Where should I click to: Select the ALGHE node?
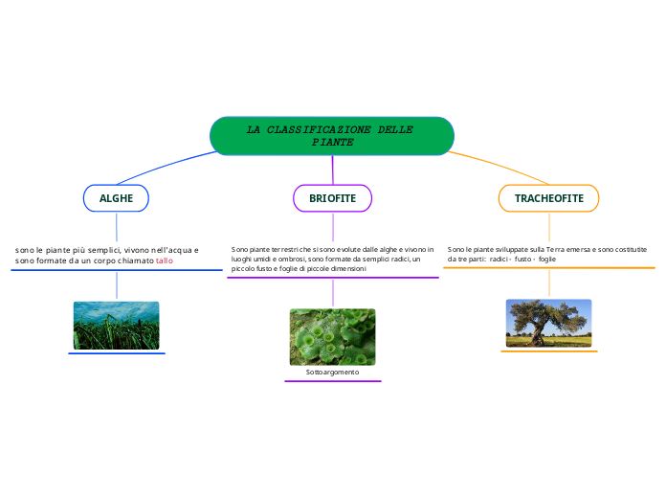point(116,198)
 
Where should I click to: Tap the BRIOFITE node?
point(332,198)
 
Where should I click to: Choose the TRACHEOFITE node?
point(548,198)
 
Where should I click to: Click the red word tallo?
point(165,260)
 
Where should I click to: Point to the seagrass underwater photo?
point(116,326)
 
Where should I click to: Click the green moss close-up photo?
point(332,336)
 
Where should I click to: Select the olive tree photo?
point(548,323)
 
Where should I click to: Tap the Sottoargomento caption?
point(332,371)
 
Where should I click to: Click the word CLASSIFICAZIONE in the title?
point(321,129)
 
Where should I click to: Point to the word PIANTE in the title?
point(332,142)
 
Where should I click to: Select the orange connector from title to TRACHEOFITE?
point(498,165)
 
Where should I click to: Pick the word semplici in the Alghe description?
point(99,250)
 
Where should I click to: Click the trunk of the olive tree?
point(543,330)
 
